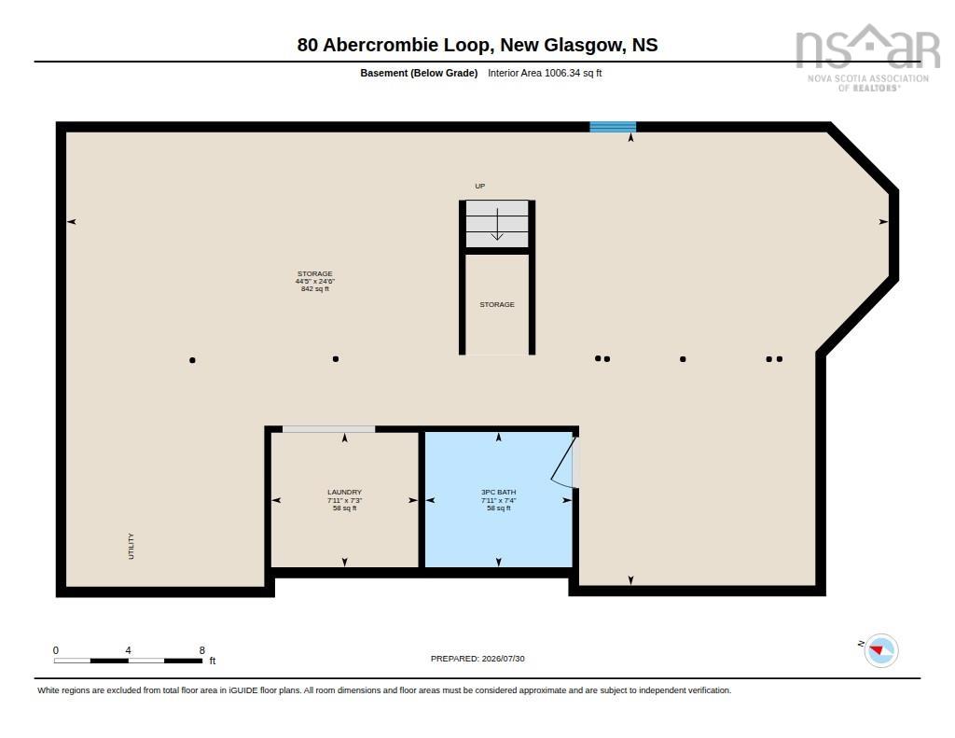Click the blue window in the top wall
pos(613,127)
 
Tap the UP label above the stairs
pos(480,186)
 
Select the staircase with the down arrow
pos(497,224)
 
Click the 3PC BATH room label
pos(498,492)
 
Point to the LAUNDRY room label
pos(345,492)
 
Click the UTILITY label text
pos(131,546)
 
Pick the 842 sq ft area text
pos(315,289)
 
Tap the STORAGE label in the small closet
pos(497,304)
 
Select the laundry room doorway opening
pos(329,429)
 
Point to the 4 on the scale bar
pos(128,650)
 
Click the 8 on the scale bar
pos(202,650)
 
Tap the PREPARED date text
pos(477,658)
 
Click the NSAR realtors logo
pos(868,58)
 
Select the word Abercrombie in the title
pos(406,45)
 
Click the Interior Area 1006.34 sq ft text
pos(545,73)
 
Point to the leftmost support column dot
pos(192,360)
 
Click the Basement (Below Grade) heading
pos(419,73)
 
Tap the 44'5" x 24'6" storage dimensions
pos(315,282)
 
